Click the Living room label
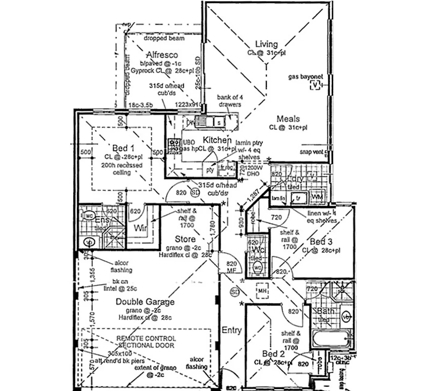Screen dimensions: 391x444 tap(266, 44)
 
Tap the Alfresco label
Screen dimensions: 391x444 tap(162, 55)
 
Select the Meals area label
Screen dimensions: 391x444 tap(288, 119)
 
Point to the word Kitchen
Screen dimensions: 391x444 tap(217, 140)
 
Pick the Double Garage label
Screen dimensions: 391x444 tap(145, 302)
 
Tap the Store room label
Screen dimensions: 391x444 tap(185, 239)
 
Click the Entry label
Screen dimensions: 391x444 tap(232, 330)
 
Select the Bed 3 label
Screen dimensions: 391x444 tap(321, 242)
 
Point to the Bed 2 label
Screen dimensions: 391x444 tap(274, 354)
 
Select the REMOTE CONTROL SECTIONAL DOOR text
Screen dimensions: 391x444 tap(146, 342)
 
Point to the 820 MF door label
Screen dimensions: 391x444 tap(231, 267)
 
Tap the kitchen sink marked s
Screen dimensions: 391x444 tap(219, 123)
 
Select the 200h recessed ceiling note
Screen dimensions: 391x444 tap(122, 169)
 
